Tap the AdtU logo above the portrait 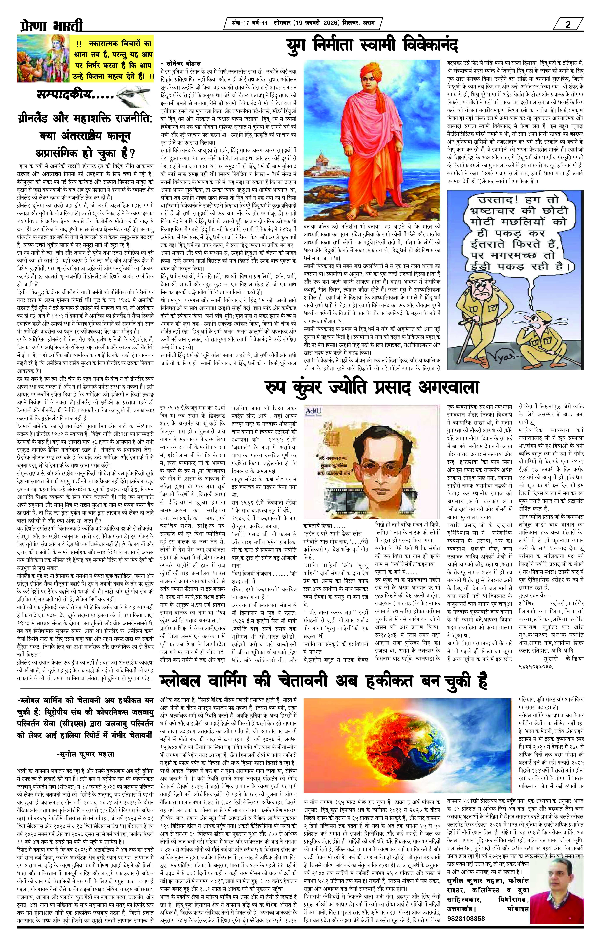coord(314,411)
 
